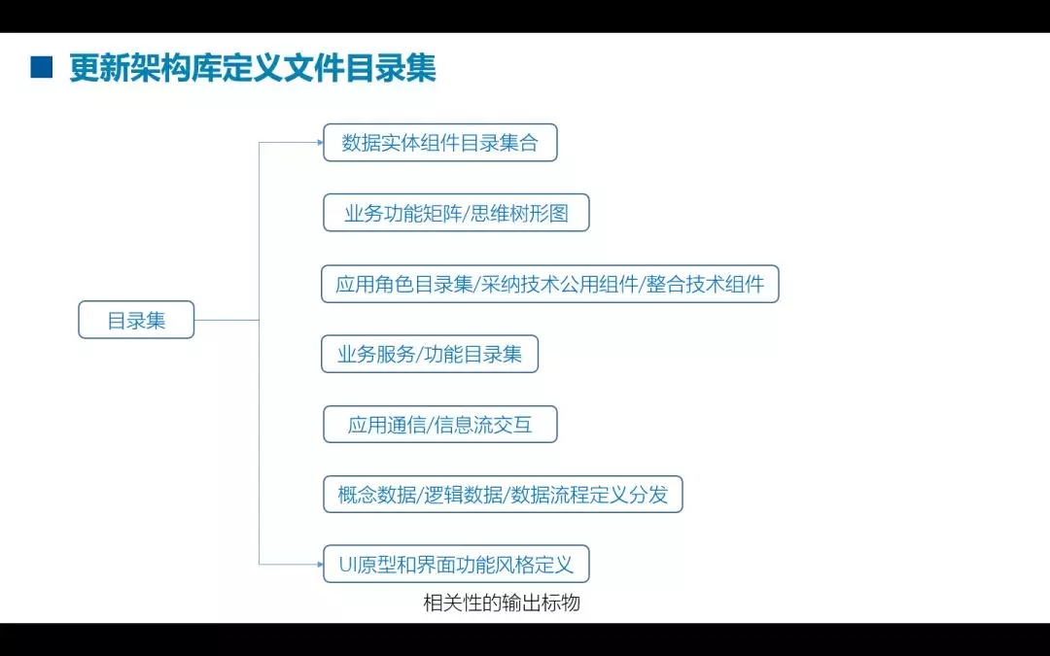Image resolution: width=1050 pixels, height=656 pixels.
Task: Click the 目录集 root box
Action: (x=136, y=320)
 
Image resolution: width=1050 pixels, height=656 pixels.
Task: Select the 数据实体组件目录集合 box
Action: (x=440, y=143)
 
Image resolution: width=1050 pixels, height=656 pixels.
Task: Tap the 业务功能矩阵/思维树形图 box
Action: (x=456, y=213)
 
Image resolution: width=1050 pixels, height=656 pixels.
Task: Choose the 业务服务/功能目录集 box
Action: (x=430, y=354)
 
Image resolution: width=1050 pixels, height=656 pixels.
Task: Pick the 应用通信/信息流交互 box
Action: (x=440, y=425)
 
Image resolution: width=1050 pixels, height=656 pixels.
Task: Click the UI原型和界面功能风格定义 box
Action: (x=456, y=565)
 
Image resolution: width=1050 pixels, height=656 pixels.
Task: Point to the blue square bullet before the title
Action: (x=42, y=68)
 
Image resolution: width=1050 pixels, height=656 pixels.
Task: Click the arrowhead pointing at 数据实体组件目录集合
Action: (x=320, y=142)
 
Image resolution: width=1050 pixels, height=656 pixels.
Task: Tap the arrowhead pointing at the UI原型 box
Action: (x=320, y=565)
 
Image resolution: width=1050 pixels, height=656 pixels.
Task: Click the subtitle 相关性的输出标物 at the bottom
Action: (x=502, y=604)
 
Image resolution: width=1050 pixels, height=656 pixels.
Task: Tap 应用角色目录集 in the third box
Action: (x=404, y=285)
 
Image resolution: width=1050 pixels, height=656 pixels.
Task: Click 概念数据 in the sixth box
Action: (x=377, y=495)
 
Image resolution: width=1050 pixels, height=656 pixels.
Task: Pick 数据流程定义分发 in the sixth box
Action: (x=589, y=495)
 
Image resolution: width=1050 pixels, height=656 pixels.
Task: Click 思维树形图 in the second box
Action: (x=519, y=214)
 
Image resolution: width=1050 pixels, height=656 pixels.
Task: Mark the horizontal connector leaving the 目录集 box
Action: (x=227, y=320)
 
